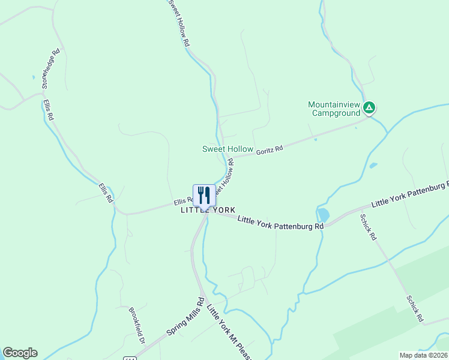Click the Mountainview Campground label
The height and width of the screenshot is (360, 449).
(x=334, y=108)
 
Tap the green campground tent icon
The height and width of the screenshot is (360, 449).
(x=370, y=108)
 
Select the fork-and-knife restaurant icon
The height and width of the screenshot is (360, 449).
(x=204, y=194)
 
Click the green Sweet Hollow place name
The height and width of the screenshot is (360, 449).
(x=228, y=149)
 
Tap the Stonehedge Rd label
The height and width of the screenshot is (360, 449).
(x=50, y=68)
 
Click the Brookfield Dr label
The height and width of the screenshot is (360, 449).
(x=137, y=326)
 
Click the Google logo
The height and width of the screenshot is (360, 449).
(x=20, y=353)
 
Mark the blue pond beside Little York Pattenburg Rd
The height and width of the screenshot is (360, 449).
(x=323, y=214)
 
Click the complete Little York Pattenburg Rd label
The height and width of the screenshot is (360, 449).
(x=280, y=223)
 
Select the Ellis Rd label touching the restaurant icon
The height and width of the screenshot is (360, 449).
(x=182, y=201)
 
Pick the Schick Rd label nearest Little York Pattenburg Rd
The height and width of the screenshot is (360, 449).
(x=368, y=227)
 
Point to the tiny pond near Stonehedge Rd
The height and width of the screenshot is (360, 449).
(x=34, y=77)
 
